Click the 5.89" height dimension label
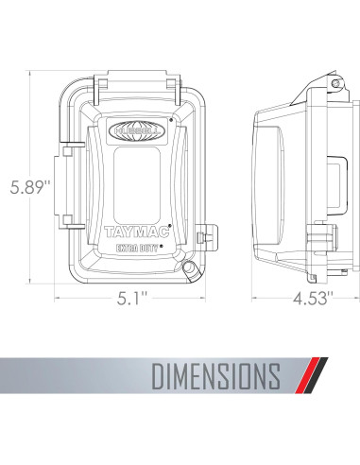point(30,187)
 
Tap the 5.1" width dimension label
point(132,298)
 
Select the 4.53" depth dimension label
point(313,298)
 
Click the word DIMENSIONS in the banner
point(216,376)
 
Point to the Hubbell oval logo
point(136,130)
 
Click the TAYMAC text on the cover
point(137,232)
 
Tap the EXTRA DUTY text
point(137,248)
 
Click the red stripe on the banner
point(307,375)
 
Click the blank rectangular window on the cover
point(137,181)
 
